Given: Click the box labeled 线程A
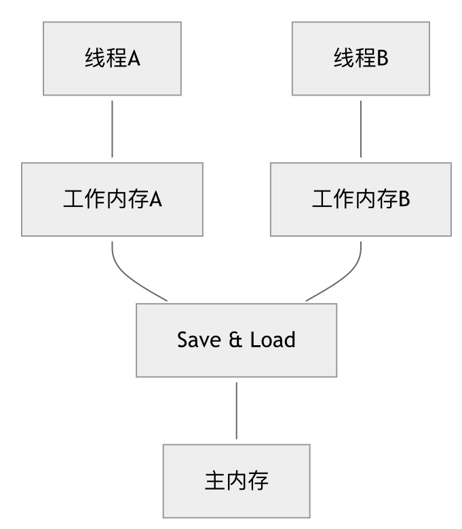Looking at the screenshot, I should [112, 58].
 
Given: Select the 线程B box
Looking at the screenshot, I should [360, 58].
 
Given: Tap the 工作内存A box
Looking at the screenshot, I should [112, 199].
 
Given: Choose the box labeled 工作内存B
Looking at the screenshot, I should [360, 199].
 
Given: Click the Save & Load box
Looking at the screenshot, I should [236, 339].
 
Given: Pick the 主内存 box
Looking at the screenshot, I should [236, 481].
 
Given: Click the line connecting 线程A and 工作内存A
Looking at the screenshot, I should [112, 129].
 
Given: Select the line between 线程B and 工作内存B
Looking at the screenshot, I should [360, 129].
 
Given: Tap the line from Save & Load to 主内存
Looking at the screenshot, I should [236, 410].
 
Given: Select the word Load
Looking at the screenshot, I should [273, 339].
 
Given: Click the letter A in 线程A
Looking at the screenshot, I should [134, 58].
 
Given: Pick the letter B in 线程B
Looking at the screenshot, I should [382, 58].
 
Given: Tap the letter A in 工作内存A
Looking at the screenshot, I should [155, 200].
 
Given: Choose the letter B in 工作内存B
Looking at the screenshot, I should [404, 200].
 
